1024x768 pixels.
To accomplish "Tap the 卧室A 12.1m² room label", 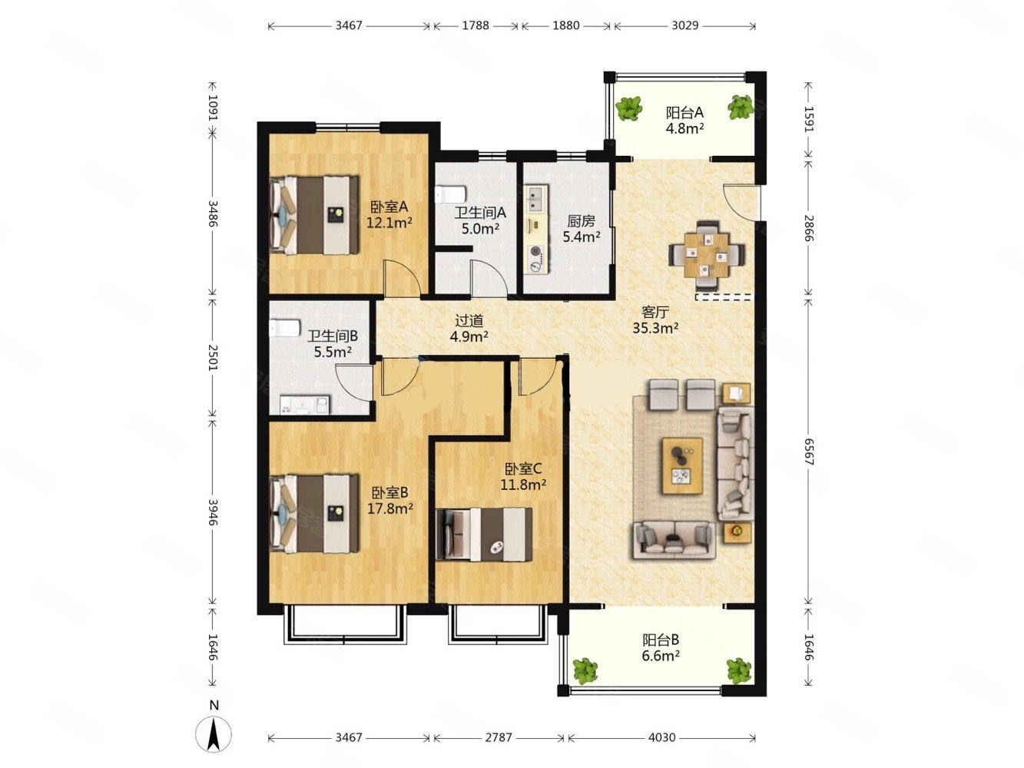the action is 389,214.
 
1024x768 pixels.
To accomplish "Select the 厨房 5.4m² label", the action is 581,229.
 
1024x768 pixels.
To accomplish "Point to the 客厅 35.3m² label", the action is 655,320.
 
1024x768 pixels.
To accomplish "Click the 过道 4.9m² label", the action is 469,328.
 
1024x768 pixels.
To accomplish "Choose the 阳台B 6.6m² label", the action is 660,647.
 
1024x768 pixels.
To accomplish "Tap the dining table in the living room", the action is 706,255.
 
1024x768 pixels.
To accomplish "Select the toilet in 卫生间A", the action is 451,194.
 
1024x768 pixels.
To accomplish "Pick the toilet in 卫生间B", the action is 284,328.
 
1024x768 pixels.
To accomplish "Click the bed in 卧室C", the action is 484,534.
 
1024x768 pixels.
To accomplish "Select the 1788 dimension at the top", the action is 476,25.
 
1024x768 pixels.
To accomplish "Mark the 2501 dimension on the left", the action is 213,358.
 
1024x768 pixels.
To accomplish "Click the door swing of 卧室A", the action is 401,278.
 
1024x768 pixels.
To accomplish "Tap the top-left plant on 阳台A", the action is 629,108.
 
